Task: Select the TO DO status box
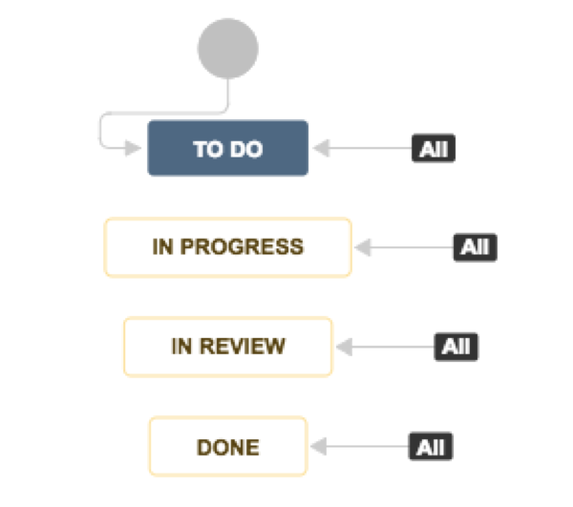click(227, 148)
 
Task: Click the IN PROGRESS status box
click(227, 247)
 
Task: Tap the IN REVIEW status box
click(227, 347)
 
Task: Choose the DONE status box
click(227, 446)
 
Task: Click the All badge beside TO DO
click(434, 149)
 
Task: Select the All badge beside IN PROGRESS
click(476, 247)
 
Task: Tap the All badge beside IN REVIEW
click(456, 347)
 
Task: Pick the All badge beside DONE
click(434, 446)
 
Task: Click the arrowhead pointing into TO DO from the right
click(320, 149)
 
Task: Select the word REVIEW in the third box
click(241, 347)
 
